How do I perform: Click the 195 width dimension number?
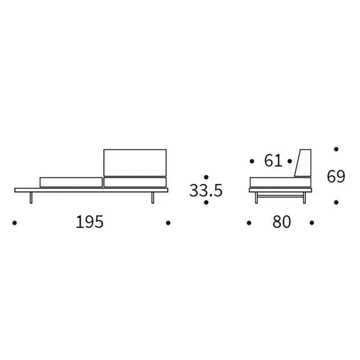pyautogui.click(x=90, y=222)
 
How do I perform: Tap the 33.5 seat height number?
pyautogui.click(x=206, y=190)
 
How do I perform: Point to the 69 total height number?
pyautogui.click(x=336, y=176)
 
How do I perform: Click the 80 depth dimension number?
pyautogui.click(x=282, y=222)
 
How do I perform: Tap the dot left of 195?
pyautogui.click(x=14, y=223)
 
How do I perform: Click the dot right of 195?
pyautogui.click(x=168, y=223)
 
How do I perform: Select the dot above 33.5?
pyautogui.click(x=206, y=177)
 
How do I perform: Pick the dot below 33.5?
pyautogui.click(x=206, y=202)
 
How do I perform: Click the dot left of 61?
pyautogui.click(x=252, y=161)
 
